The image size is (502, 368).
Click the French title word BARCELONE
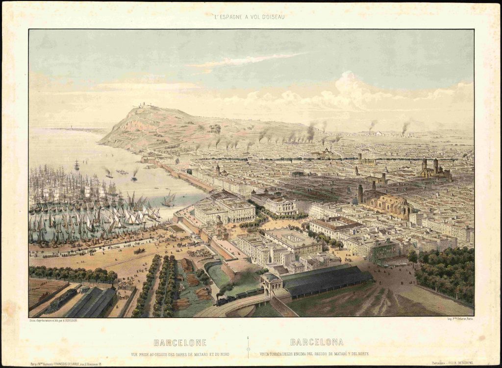point(180,343)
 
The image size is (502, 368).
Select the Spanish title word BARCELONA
point(316,342)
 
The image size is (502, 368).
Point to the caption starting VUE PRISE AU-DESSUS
point(180,354)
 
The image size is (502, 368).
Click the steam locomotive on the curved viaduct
point(225,298)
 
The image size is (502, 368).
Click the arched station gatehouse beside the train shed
point(271,284)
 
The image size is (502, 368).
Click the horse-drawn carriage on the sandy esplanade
point(139,251)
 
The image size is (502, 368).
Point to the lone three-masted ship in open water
point(77,165)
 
